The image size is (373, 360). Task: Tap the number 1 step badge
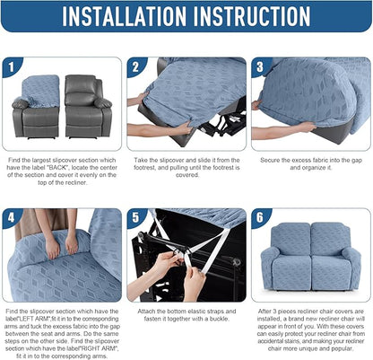(12, 66)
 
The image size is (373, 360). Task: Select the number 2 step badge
(135, 66)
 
